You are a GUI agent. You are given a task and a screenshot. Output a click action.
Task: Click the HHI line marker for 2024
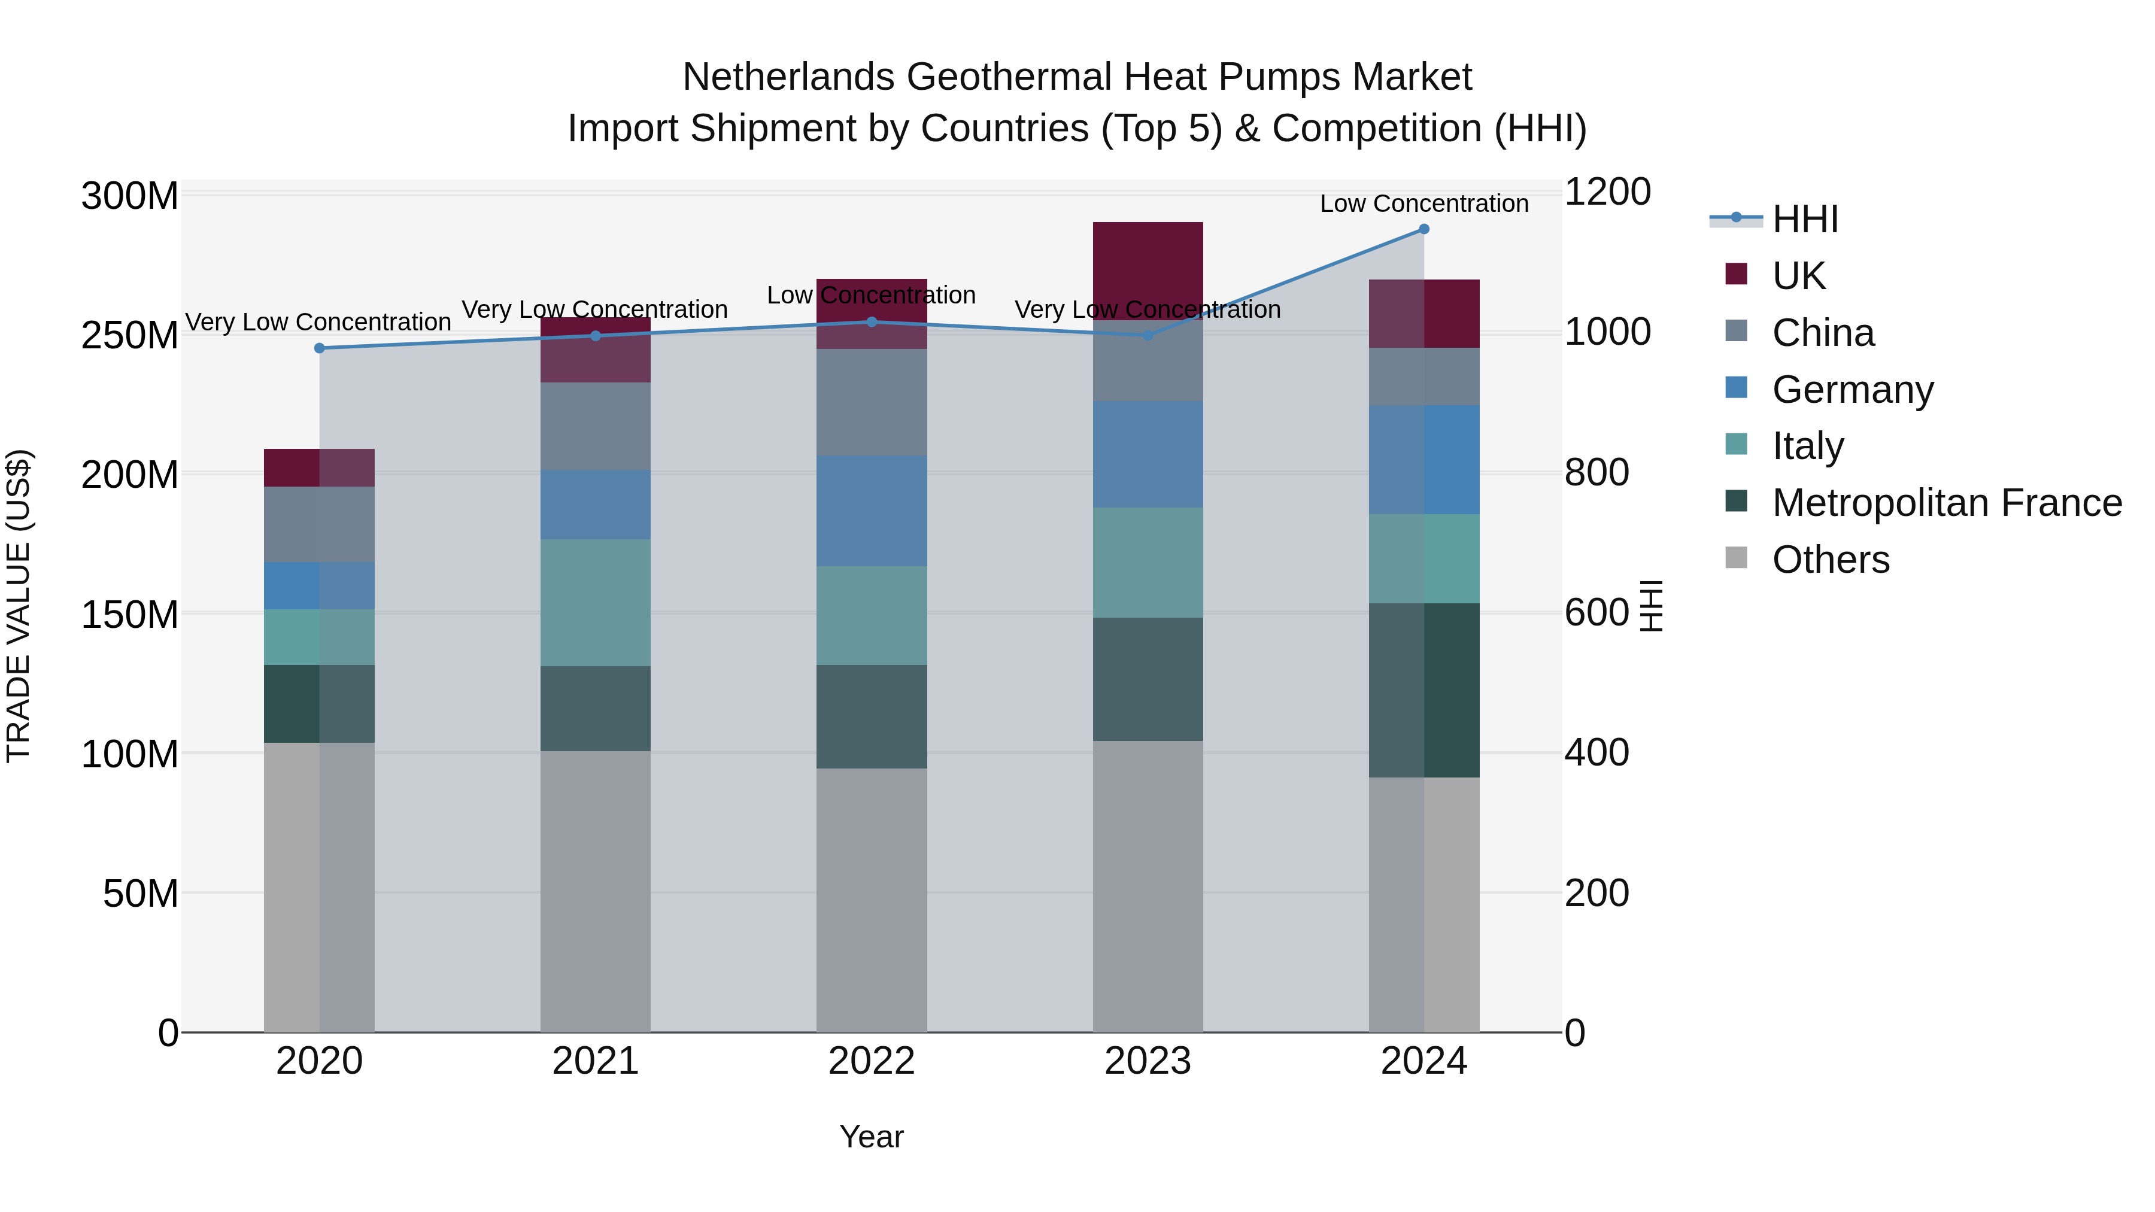pyautogui.click(x=1424, y=229)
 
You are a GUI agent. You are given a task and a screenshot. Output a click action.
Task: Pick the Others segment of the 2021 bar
pyautogui.click(x=595, y=891)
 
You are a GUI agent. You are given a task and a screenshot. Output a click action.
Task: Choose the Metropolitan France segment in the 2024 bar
pyautogui.click(x=1424, y=690)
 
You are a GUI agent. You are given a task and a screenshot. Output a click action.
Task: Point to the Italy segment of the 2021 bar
pyautogui.click(x=595, y=602)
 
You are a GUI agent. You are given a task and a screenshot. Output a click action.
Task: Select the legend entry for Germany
pyautogui.click(x=1852, y=390)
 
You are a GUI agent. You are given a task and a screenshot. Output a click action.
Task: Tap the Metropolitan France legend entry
pyautogui.click(x=1947, y=503)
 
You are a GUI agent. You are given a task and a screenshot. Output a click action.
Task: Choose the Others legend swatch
pyautogui.click(x=1737, y=558)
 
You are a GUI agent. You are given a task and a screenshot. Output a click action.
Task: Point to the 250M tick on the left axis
pyautogui.click(x=130, y=335)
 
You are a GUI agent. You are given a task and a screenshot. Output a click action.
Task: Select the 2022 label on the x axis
pyautogui.click(x=871, y=1061)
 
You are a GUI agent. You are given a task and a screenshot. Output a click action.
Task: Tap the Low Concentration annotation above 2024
pyautogui.click(x=1424, y=203)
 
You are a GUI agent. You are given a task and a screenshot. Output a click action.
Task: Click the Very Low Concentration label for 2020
pyautogui.click(x=318, y=322)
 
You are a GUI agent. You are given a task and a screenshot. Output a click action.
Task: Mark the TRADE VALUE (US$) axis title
pyautogui.click(x=19, y=606)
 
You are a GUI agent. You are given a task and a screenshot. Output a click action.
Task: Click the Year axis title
pyautogui.click(x=871, y=1137)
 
